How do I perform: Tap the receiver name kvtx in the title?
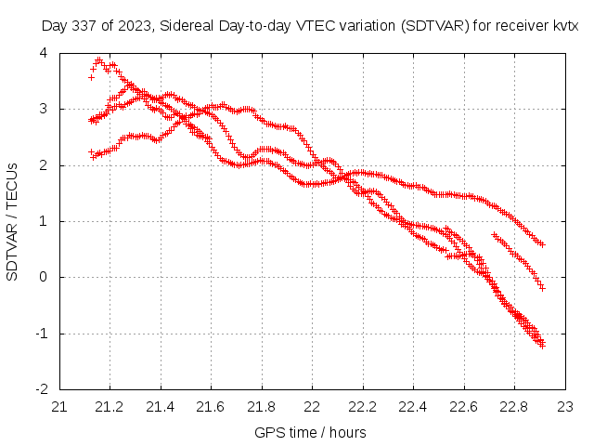click(x=565, y=26)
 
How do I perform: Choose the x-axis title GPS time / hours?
click(x=310, y=432)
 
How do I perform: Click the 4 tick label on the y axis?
click(x=44, y=53)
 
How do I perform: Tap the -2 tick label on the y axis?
click(x=41, y=389)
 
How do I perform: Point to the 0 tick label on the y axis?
click(x=44, y=277)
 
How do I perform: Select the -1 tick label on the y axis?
click(x=41, y=334)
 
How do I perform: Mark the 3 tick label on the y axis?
click(x=44, y=109)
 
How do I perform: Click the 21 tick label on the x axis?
click(x=59, y=406)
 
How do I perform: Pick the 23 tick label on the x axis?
click(x=565, y=406)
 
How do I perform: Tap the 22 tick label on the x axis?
click(x=312, y=406)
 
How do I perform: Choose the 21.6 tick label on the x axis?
click(x=211, y=406)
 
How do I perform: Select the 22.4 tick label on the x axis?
click(x=413, y=406)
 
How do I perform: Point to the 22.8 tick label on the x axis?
click(x=514, y=406)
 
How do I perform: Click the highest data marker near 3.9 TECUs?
click(x=98, y=59)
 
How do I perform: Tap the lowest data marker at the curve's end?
click(x=542, y=346)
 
